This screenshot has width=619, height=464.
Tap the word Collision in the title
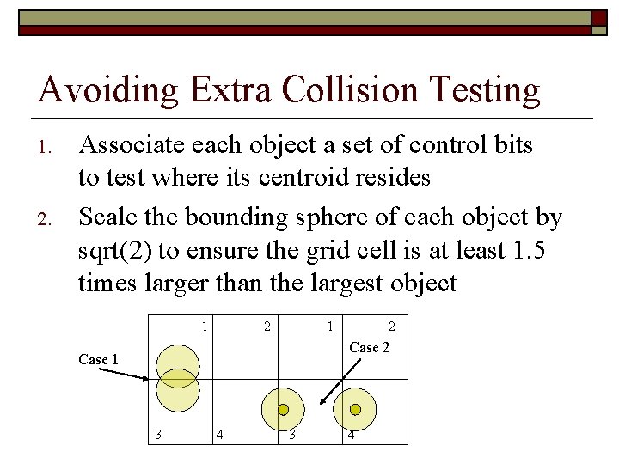click(x=349, y=90)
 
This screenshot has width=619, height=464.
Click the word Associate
click(x=129, y=146)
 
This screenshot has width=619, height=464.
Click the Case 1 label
click(x=98, y=359)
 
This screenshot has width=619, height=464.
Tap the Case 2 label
click(x=370, y=347)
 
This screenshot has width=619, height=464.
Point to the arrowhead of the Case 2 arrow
click(x=322, y=401)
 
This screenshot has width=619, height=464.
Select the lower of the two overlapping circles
click(x=177, y=393)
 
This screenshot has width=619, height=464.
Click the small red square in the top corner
click(x=598, y=18)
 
